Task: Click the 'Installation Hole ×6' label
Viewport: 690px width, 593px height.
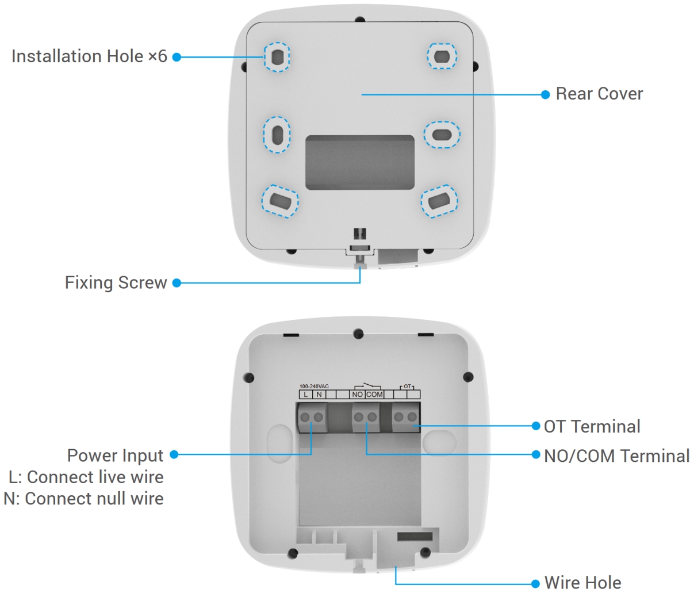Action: point(89,56)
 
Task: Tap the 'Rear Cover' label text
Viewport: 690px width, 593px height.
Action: point(599,94)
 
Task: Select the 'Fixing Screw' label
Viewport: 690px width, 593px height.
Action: point(116,282)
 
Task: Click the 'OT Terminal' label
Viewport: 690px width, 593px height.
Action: point(592,426)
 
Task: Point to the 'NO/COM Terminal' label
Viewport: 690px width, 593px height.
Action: point(616,456)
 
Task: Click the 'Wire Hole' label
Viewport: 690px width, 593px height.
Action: point(582,582)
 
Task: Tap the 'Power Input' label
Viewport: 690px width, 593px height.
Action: point(115,455)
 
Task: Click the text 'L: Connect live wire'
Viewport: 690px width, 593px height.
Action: point(86,477)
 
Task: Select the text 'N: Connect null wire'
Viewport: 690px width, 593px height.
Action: point(84,498)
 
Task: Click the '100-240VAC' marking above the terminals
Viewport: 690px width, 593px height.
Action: point(314,387)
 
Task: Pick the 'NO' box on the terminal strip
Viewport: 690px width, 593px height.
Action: point(357,395)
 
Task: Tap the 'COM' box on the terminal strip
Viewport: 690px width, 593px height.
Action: point(374,395)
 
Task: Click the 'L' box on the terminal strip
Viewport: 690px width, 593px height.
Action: point(306,395)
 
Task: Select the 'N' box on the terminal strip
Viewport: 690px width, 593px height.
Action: point(319,395)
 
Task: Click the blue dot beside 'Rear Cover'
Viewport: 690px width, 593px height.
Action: point(546,94)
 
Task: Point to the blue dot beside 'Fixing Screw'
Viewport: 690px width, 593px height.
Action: point(177,283)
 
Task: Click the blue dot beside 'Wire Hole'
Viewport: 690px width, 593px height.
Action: point(535,583)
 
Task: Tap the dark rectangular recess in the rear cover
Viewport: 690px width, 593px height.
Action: point(359,162)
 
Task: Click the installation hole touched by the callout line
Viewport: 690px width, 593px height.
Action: point(277,57)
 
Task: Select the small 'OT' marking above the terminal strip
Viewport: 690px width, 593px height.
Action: point(407,387)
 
